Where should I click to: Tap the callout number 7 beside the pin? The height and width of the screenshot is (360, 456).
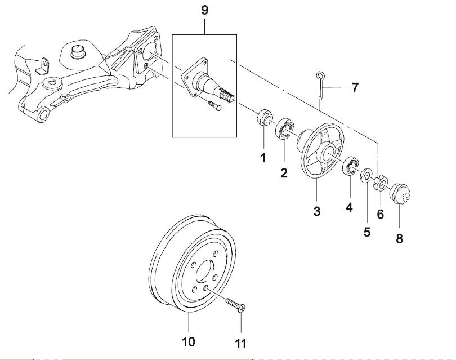pos(355,87)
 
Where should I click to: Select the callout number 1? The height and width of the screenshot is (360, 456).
pos(262,158)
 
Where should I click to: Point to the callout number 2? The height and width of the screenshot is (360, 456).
pos(284,173)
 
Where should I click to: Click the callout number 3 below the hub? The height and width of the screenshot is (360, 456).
pos(317,211)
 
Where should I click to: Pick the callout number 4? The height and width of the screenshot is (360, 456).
pos(349,207)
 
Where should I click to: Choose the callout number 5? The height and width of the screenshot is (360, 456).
pos(366,231)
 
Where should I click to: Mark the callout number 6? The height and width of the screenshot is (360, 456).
pos(380,214)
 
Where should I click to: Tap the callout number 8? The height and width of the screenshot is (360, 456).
pos(399,238)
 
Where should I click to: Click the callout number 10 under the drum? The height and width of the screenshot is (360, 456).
pos(188,341)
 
